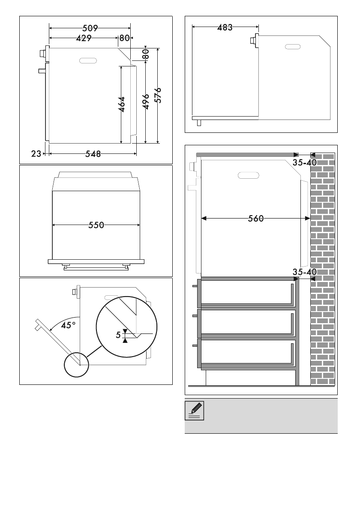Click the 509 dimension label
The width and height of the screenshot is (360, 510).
tap(90, 28)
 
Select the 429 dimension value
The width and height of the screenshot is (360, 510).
tap(84, 39)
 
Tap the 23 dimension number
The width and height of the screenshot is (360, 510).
tap(36, 153)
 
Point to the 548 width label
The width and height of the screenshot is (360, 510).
tap(93, 154)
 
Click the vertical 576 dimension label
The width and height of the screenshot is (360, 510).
tap(158, 95)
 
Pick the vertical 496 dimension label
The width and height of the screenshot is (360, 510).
tap(146, 102)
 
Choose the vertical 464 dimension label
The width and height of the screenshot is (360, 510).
tap(122, 105)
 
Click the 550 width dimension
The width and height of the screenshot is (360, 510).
tap(96, 225)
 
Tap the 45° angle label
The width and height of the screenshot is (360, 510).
tap(68, 325)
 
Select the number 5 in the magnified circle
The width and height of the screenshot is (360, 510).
tap(118, 335)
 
